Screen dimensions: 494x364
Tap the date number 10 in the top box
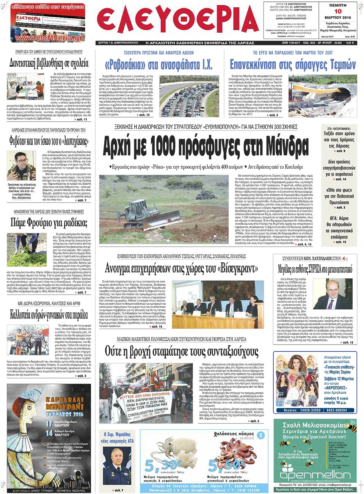click(338, 11)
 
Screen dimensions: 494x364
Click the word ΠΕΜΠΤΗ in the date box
click(338, 5)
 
